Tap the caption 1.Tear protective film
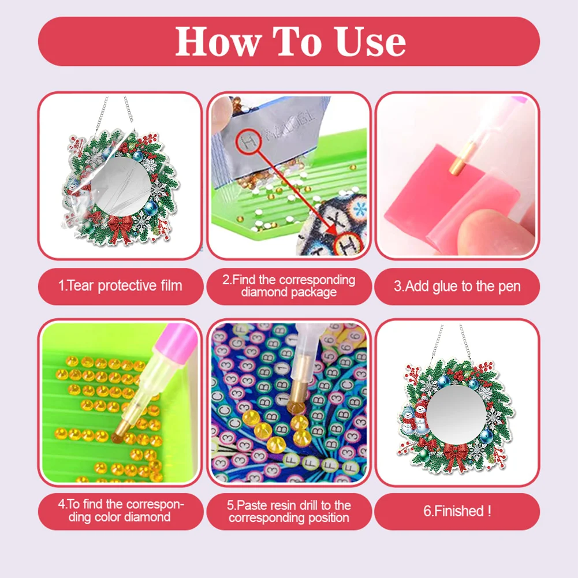pos(120,285)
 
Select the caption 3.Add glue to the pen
pos(457,286)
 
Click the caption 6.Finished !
pos(457,510)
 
